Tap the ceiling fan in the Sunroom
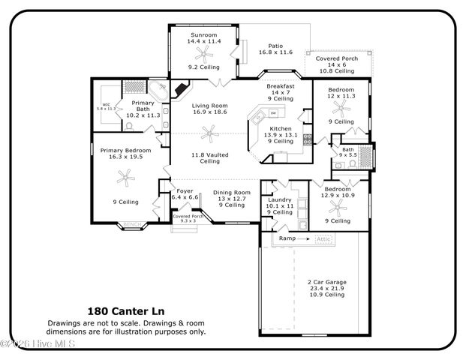coord(201,54)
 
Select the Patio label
coord(275,46)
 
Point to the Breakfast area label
coord(281,87)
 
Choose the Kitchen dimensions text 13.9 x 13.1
coord(281,135)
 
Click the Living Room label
coord(209,106)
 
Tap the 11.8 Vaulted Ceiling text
coord(209,157)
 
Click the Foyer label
coord(185,191)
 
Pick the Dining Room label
coord(231,192)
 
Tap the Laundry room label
coord(279,199)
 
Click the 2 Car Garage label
coord(326,282)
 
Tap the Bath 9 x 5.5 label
coord(347,149)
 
